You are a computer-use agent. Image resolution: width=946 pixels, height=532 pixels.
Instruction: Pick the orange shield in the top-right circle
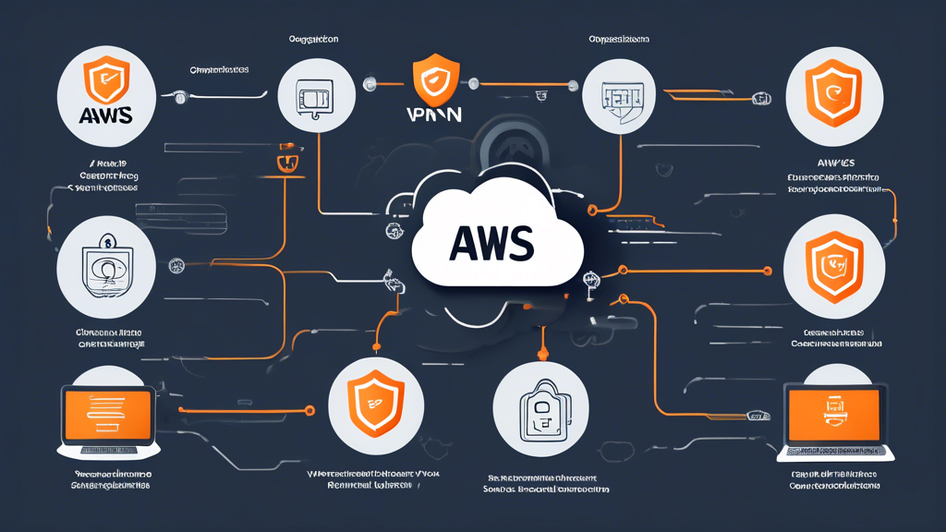click(x=835, y=91)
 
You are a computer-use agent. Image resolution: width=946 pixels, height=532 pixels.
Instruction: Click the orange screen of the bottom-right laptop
click(x=835, y=411)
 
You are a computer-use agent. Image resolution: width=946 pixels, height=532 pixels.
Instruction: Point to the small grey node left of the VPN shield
click(x=370, y=84)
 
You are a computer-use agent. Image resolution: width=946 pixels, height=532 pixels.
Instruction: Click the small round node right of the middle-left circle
click(x=177, y=266)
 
